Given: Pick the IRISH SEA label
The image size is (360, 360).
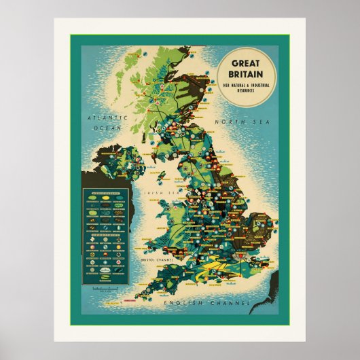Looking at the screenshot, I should coord(151,193).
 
